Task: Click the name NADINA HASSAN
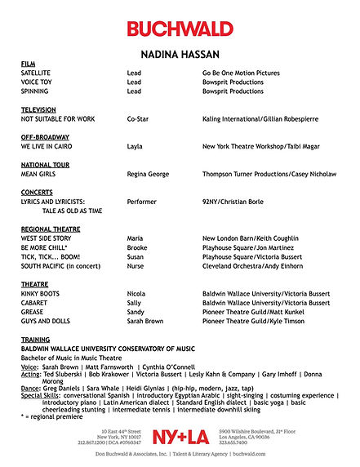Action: pos(180,54)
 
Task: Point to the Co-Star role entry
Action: pos(137,118)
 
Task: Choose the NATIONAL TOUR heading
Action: pos(46,164)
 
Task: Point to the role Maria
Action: pos(136,238)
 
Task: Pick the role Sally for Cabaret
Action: pos(135,302)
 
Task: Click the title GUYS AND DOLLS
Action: pos(47,321)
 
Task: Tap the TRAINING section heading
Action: pos(36,338)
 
